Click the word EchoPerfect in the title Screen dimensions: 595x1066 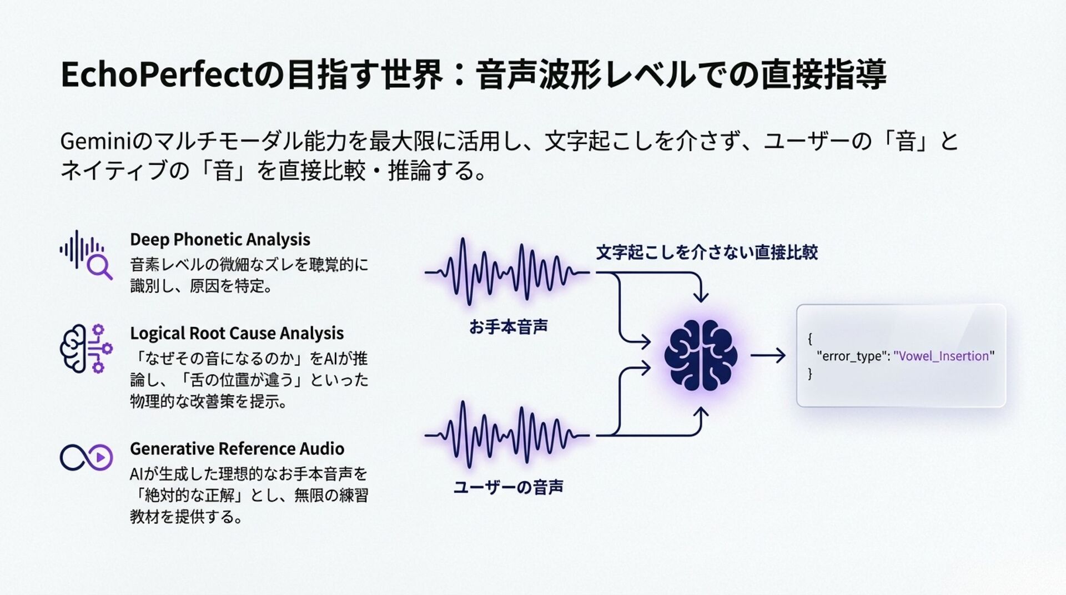tap(156, 75)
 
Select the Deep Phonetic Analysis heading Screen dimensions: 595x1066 tap(220, 239)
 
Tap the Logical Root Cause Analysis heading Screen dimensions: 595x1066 tap(237, 333)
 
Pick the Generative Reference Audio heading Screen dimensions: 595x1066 tap(237, 448)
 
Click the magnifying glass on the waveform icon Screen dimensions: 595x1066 tap(100, 268)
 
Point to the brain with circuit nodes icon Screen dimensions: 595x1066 tap(86, 349)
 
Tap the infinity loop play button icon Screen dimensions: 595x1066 tap(86, 457)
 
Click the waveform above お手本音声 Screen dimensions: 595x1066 tap(506, 272)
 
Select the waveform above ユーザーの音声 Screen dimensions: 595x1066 tap(506, 435)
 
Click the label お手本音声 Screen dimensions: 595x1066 tap(508, 327)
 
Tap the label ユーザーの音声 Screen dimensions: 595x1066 tap(508, 487)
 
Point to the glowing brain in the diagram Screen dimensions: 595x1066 tap(701, 355)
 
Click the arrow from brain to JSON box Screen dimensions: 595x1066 tap(768, 355)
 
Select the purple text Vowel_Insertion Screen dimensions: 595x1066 tap(943, 356)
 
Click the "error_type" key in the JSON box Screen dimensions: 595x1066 tap(852, 356)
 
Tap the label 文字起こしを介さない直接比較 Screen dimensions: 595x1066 tap(706, 253)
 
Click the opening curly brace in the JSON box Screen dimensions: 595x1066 tap(810, 338)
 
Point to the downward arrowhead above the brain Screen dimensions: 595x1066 tap(701, 297)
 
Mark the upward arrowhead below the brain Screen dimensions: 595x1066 tap(701, 413)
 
